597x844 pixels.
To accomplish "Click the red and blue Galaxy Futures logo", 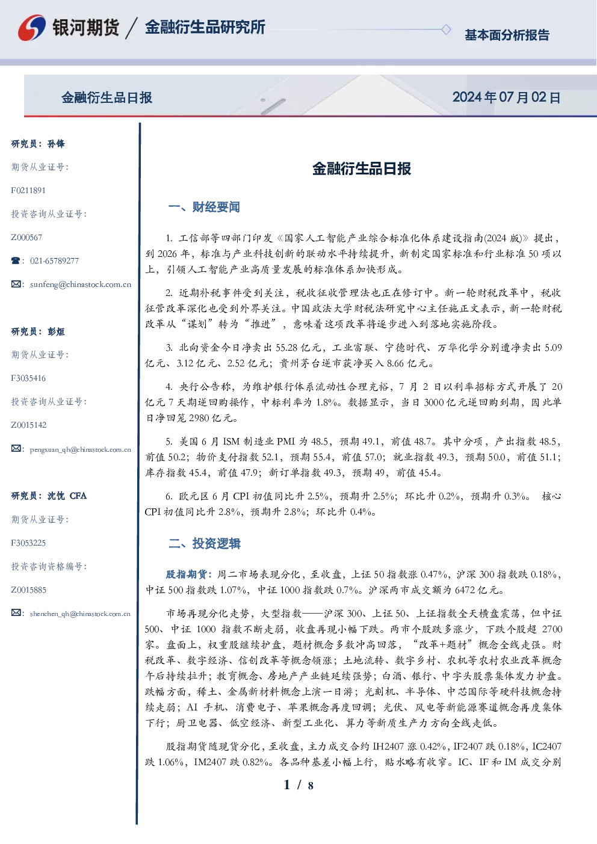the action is point(32,28).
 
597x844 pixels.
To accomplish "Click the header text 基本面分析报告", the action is point(507,35).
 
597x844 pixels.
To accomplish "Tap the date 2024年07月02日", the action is point(506,97).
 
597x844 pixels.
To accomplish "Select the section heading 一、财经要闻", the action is point(204,207).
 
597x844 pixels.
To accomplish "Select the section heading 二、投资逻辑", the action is point(204,543).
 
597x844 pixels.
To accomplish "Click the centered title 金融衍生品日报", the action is point(362,168).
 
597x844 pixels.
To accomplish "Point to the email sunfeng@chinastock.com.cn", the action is point(81,285).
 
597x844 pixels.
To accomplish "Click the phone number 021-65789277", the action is point(54,260).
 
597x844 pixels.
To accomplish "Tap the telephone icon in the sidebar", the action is point(16,260).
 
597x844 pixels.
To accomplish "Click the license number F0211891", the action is point(28,190).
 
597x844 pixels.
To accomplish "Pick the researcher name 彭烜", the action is point(56,331).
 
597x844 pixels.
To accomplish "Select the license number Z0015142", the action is point(29,425).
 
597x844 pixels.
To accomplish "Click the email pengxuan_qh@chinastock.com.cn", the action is point(80,449).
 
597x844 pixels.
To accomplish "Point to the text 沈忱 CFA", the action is point(67,496).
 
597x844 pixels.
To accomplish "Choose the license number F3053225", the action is point(28,543).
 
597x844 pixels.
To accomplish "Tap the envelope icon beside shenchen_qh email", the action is point(16,613).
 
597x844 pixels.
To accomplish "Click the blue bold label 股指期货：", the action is point(190,574).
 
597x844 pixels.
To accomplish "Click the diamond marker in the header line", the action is point(446,29).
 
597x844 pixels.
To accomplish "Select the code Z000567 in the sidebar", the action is point(26,238).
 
